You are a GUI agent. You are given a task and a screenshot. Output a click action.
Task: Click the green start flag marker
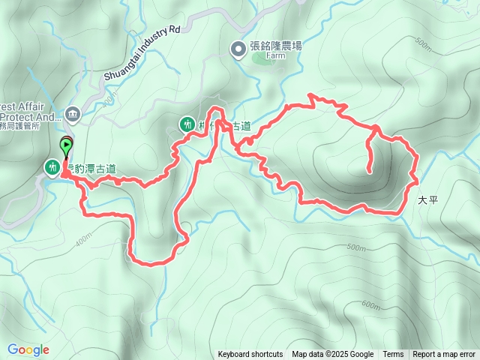(x=66, y=145)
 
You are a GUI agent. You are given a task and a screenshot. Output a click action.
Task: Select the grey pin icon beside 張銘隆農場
(x=238, y=50)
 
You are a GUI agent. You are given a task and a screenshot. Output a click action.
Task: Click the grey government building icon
(x=73, y=114)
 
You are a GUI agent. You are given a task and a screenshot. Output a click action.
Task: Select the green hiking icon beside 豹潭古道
(x=52, y=167)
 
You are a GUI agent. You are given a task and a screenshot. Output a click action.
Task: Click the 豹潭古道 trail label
(x=93, y=169)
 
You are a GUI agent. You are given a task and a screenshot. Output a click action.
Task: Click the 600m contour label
(x=370, y=304)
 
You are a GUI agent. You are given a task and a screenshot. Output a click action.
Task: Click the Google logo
(x=28, y=349)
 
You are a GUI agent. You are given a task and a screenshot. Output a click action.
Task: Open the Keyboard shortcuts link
(x=250, y=355)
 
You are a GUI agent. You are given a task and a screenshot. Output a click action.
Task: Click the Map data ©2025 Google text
(x=332, y=355)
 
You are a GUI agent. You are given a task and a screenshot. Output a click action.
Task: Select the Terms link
(x=393, y=355)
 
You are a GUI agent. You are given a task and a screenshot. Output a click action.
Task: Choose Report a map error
(x=444, y=355)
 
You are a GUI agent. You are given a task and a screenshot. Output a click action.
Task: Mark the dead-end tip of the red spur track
(x=370, y=172)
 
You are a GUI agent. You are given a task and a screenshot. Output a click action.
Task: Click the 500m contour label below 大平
(x=357, y=248)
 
